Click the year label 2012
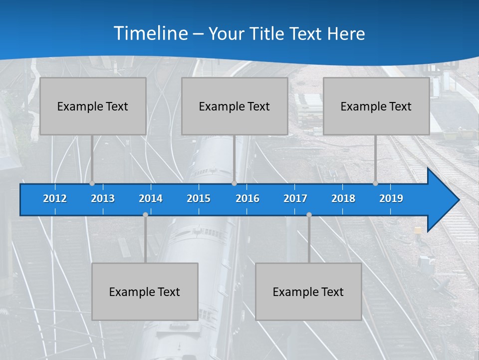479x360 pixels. tap(55, 198)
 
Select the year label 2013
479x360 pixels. tap(103, 198)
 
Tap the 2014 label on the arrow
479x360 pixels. tap(151, 198)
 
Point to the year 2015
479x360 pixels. tap(199, 198)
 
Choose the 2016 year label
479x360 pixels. tap(247, 198)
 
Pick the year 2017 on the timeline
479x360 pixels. tap(295, 198)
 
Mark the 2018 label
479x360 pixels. tap(343, 198)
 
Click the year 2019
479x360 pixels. tap(391, 198)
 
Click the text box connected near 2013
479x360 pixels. tap(93, 106)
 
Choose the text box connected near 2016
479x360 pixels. tap(235, 106)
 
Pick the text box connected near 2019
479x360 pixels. tap(376, 106)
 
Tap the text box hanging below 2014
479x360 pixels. tap(145, 291)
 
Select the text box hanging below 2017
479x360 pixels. tap(308, 291)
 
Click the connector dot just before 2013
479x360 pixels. tap(92, 183)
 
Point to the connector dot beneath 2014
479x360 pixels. tap(145, 214)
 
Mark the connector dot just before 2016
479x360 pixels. tap(234, 183)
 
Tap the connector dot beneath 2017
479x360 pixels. tap(309, 214)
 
